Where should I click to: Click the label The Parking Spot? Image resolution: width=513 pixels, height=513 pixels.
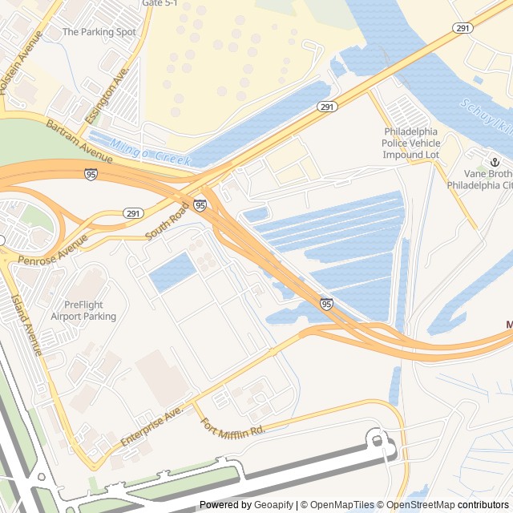(99, 32)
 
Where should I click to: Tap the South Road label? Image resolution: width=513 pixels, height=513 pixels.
(167, 221)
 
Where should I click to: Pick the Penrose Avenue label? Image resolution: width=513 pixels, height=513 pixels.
(52, 249)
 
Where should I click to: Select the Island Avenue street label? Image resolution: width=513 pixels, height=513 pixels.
(26, 325)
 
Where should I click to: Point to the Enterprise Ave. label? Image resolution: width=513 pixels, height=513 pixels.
(152, 426)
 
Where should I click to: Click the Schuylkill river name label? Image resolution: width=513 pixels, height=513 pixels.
(487, 117)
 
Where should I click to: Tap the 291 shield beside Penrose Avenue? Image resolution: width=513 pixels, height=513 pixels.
(133, 213)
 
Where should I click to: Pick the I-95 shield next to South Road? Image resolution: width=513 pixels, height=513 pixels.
(200, 205)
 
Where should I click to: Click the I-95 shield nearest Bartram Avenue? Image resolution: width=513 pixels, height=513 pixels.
(91, 174)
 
